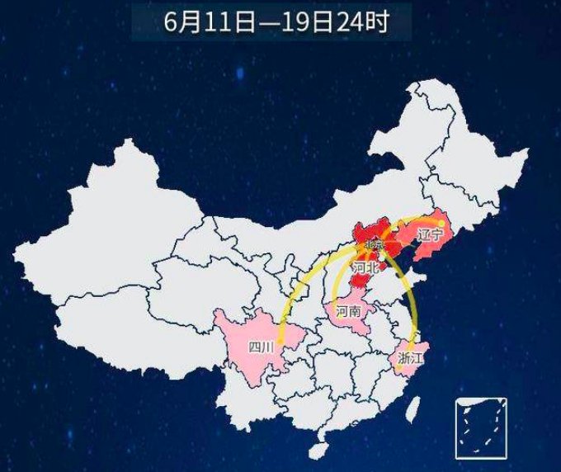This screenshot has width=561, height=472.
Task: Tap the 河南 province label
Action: [x=347, y=310]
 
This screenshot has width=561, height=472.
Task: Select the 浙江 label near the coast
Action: [x=410, y=358]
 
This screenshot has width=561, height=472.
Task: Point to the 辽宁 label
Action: [x=430, y=235]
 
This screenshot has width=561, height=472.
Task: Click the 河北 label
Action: [x=365, y=267]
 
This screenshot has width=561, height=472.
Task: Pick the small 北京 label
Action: [x=373, y=245]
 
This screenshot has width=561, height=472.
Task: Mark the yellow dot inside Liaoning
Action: [x=442, y=222]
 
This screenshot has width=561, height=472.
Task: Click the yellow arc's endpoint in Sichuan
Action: [x=280, y=340]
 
